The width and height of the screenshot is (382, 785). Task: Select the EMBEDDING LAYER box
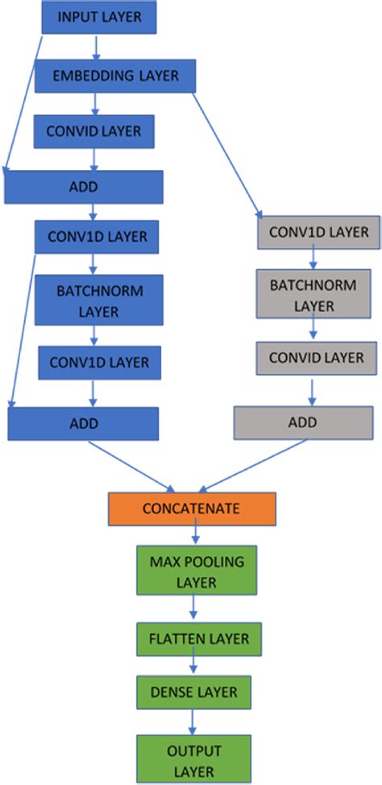pyautogui.click(x=116, y=77)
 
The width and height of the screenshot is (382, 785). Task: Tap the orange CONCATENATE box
pyautogui.click(x=192, y=509)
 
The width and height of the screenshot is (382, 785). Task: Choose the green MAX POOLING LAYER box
pyautogui.click(x=194, y=569)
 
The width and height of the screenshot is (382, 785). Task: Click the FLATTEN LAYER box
pyautogui.click(x=198, y=639)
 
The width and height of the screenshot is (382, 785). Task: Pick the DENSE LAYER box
pyautogui.click(x=193, y=691)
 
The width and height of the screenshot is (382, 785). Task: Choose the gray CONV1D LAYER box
pyautogui.click(x=318, y=232)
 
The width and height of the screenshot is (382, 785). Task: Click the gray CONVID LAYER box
pyautogui.click(x=316, y=358)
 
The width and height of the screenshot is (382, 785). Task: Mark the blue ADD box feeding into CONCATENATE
pyautogui.click(x=83, y=423)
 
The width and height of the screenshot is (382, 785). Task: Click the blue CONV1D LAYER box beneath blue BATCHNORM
pyautogui.click(x=98, y=363)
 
